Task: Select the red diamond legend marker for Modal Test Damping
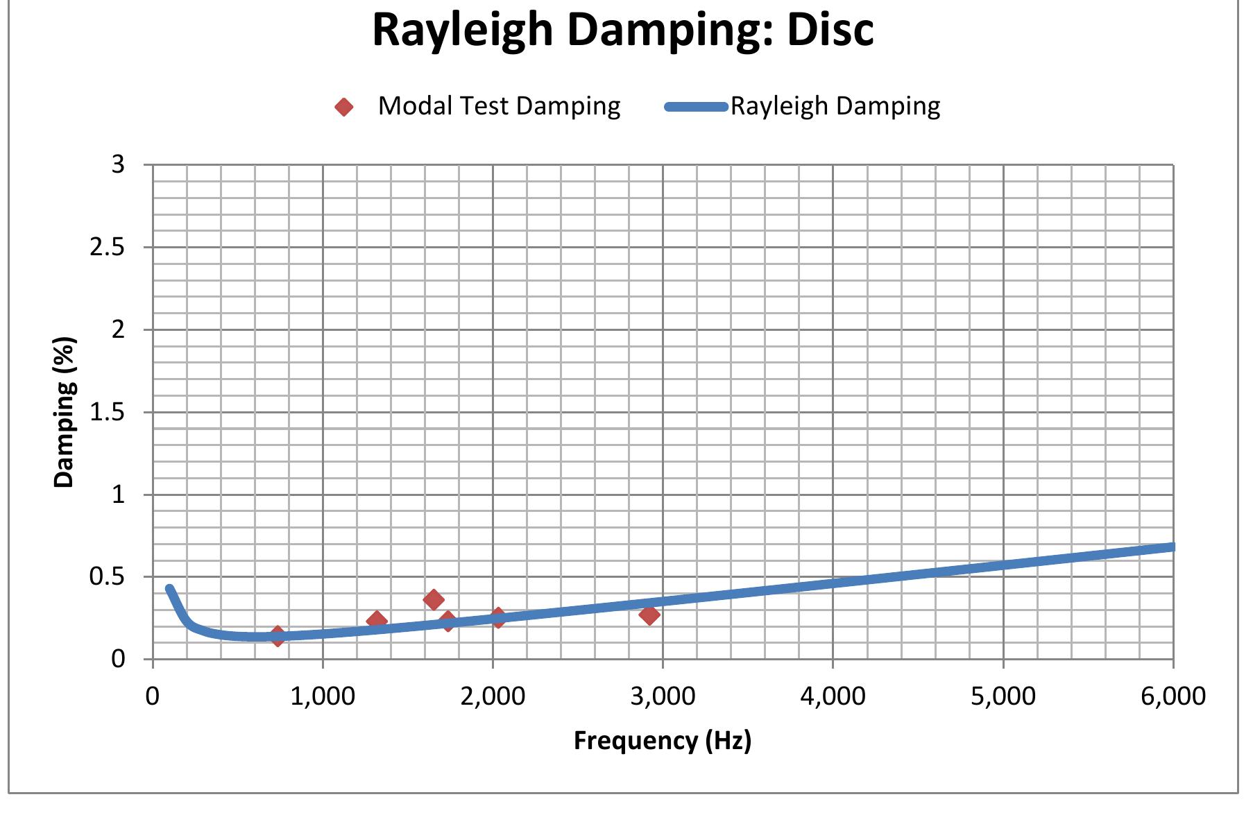(x=344, y=107)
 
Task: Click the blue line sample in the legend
(x=696, y=107)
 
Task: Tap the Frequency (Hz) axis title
(x=662, y=740)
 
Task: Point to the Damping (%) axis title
(x=64, y=412)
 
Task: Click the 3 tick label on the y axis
(x=117, y=164)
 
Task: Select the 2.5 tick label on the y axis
(x=107, y=247)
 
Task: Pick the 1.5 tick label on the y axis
(x=107, y=412)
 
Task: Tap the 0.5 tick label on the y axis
(x=107, y=576)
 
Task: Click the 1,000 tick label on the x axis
(x=323, y=696)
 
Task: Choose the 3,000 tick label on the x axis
(x=663, y=696)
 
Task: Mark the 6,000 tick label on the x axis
(x=1173, y=696)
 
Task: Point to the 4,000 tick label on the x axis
(x=833, y=696)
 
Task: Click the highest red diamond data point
(x=434, y=599)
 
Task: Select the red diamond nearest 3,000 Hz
(x=649, y=615)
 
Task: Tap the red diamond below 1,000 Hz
(x=278, y=635)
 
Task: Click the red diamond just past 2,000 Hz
(x=497, y=617)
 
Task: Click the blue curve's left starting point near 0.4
(x=169, y=589)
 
